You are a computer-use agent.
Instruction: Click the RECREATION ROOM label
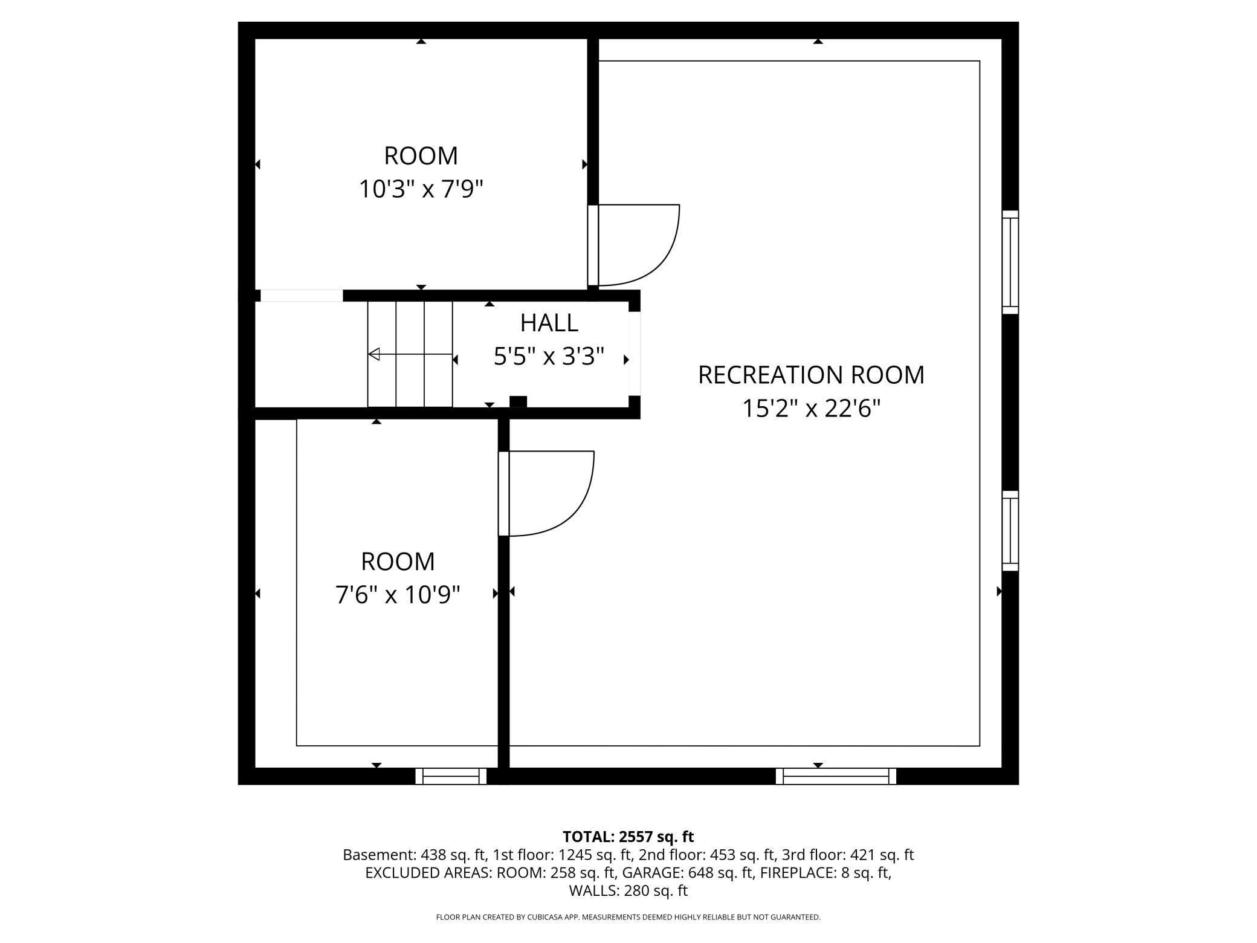click(x=811, y=375)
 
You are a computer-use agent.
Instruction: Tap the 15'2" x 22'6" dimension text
click(x=811, y=409)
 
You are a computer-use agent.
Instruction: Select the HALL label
click(x=549, y=323)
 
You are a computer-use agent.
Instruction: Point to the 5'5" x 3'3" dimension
click(x=549, y=357)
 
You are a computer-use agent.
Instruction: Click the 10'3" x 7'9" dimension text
click(x=421, y=190)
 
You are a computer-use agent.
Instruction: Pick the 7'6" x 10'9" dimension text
click(x=398, y=595)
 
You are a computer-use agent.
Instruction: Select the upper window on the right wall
click(x=1010, y=262)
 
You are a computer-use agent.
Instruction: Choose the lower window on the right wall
click(x=1010, y=531)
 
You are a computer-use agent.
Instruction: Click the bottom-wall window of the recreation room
click(x=836, y=776)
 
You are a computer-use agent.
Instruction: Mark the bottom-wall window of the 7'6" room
click(x=451, y=776)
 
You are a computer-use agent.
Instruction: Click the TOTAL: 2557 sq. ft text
click(x=628, y=837)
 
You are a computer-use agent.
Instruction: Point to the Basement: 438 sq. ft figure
click(x=415, y=855)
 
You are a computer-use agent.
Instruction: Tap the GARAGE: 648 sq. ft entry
click(x=688, y=873)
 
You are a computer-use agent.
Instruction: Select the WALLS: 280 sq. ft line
click(x=628, y=890)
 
